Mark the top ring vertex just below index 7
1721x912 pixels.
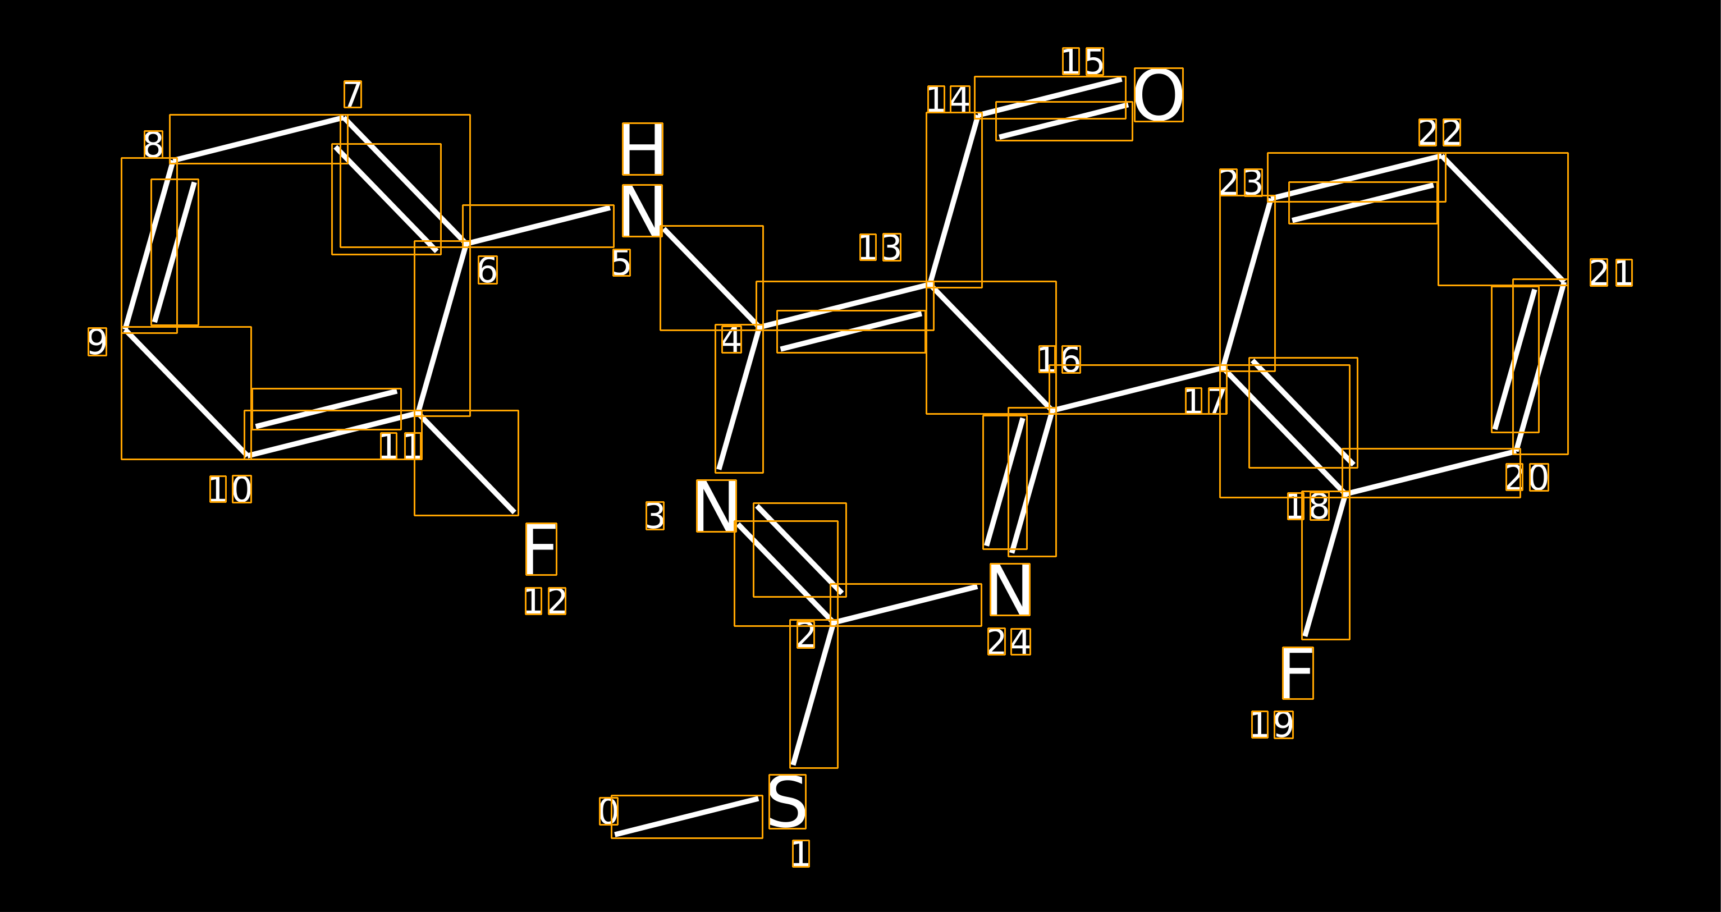point(344,118)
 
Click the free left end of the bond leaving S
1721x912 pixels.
point(615,835)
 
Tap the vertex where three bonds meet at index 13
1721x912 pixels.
point(930,285)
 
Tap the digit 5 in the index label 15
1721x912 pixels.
point(1095,62)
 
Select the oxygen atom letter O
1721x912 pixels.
point(1159,95)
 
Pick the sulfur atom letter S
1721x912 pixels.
point(787,802)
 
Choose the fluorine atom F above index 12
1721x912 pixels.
point(541,549)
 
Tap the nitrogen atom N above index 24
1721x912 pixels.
point(1009,589)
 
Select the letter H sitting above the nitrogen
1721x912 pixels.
point(642,149)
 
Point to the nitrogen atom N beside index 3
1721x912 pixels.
point(716,506)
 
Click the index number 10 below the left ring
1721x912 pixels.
point(231,489)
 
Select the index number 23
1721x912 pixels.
point(1241,182)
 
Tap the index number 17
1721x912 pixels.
point(1205,401)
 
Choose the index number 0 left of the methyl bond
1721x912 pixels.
point(608,811)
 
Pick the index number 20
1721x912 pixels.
point(1527,478)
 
